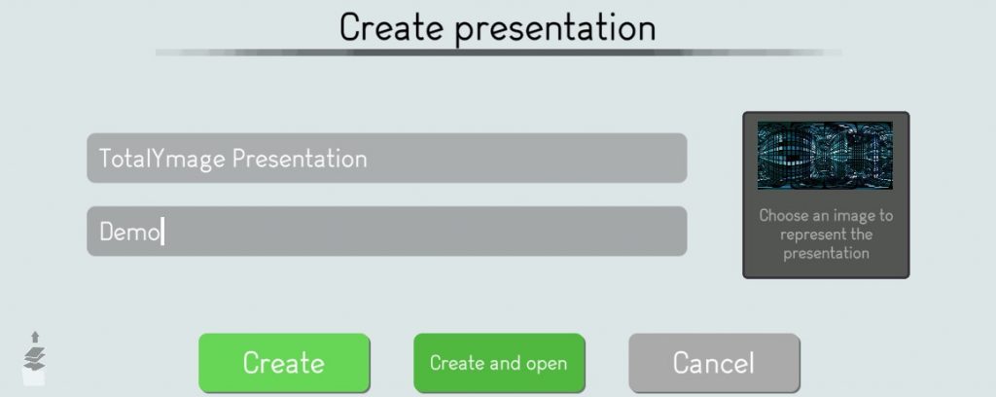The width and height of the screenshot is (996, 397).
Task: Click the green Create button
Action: tap(284, 363)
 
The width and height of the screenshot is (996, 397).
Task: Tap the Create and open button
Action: tap(499, 363)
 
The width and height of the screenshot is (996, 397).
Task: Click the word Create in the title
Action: tap(391, 27)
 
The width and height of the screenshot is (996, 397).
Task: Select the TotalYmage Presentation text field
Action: tap(387, 159)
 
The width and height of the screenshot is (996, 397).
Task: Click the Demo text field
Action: tap(387, 232)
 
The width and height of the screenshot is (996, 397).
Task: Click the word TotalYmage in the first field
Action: tap(162, 159)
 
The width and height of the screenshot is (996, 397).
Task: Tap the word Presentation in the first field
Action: tap(300, 159)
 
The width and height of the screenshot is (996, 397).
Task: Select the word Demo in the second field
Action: tap(129, 232)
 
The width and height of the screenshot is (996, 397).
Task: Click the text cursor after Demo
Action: tap(162, 232)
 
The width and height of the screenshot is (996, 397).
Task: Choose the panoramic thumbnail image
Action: tap(825, 156)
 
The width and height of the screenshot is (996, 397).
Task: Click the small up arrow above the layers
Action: tap(35, 337)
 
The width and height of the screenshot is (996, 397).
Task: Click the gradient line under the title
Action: tap(499, 53)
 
